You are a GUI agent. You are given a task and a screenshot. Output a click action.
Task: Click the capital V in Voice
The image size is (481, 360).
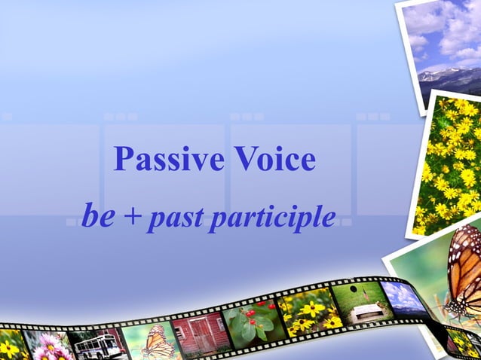(x=244, y=160)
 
